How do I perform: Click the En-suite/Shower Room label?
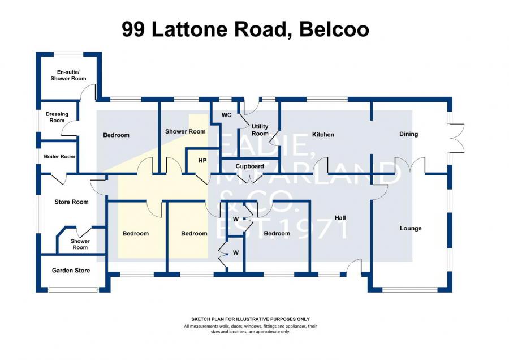(x=68, y=75)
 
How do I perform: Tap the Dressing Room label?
(x=57, y=117)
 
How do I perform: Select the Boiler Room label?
(x=59, y=156)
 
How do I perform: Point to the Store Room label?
(x=71, y=202)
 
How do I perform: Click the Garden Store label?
(x=71, y=271)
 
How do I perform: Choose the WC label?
(x=227, y=115)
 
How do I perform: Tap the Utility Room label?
(x=260, y=130)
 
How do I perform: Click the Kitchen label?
(x=323, y=135)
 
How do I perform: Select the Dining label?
(x=409, y=134)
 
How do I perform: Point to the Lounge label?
(x=411, y=228)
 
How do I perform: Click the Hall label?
(x=340, y=218)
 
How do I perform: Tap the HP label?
(x=202, y=161)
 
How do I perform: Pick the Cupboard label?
(x=249, y=166)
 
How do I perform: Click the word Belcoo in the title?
(x=334, y=29)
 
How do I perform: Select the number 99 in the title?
(x=133, y=29)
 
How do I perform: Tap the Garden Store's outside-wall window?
(x=73, y=289)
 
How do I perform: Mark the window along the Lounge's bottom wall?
(x=409, y=289)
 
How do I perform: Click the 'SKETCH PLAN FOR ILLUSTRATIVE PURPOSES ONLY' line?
(x=251, y=319)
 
